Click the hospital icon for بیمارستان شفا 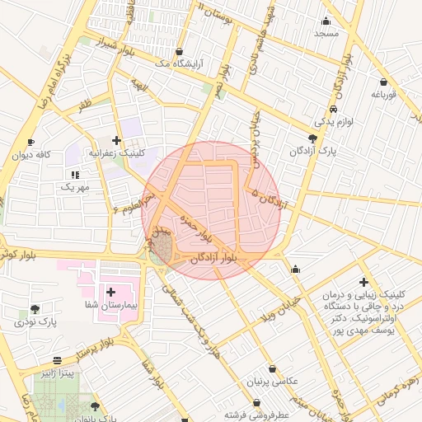click(111, 293)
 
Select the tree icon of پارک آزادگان click(311, 138)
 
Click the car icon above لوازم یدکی click(332, 109)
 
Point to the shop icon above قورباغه click(384, 82)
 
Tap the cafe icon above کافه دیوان click(31, 142)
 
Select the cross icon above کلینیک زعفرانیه click(116, 140)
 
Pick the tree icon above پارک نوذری click(35, 310)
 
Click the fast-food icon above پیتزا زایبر click(57, 361)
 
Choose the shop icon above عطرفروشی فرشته click(257, 403)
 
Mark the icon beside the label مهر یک click(75, 175)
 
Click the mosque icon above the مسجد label click(326, 21)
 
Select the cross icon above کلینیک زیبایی click(363, 283)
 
